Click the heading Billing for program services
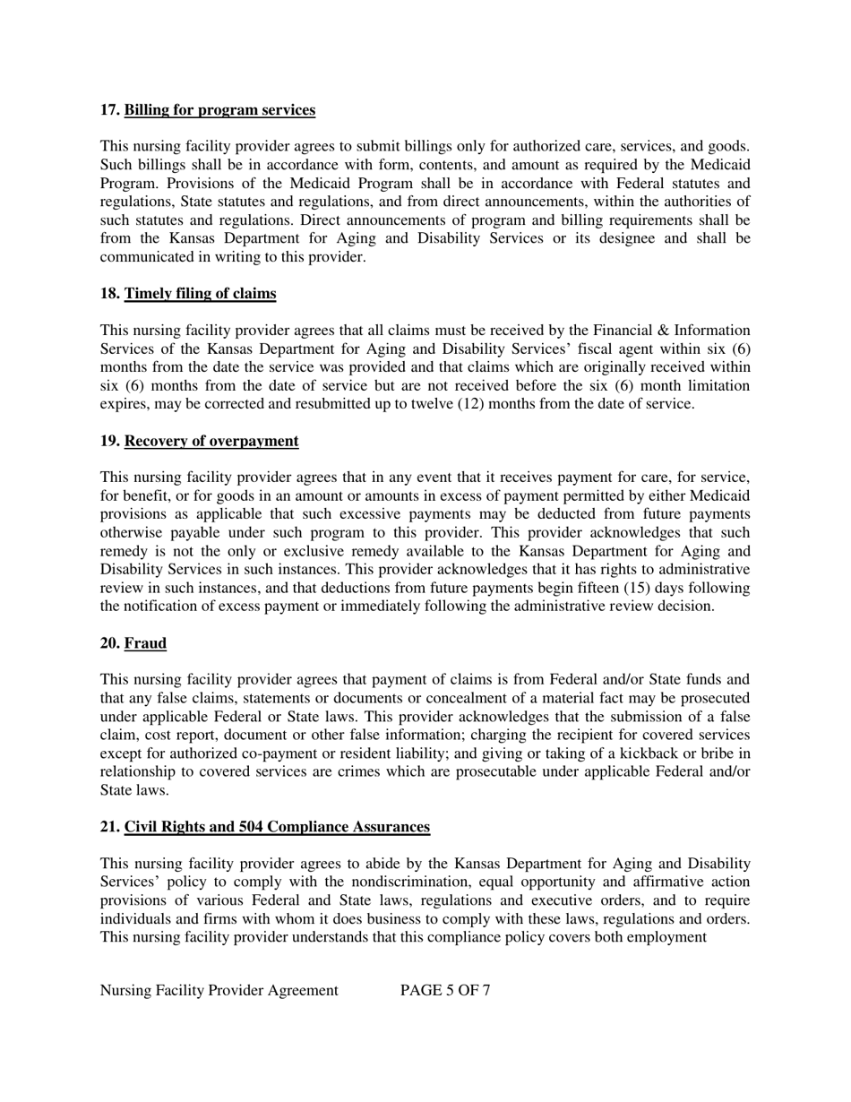(219, 110)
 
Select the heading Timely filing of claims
(200, 294)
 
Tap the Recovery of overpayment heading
(211, 441)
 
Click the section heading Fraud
(145, 643)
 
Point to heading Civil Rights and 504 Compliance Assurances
(277, 827)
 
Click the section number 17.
(109, 110)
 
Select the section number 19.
(109, 441)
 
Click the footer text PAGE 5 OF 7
(445, 990)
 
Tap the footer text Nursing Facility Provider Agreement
(219, 990)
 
